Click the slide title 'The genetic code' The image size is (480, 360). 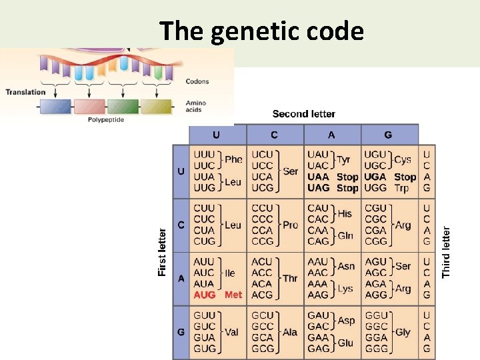pos(261,31)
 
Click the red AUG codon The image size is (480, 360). pos(205,295)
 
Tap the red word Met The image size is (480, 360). pos(233,295)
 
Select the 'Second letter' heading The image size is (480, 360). pos(303,114)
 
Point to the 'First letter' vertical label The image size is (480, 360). pos(162,252)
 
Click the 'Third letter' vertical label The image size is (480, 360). pos(447,252)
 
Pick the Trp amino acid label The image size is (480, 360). pos(401,188)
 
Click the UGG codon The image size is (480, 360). pos(375,188)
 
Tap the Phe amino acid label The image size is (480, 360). pos(233,160)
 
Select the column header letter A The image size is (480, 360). pos(331,135)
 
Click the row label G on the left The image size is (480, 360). pos(181,331)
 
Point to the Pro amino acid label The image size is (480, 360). pos(290,225)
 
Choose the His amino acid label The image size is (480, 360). pos(345,214)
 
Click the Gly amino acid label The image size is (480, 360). pos(403,332)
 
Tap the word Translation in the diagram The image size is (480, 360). pos(25,92)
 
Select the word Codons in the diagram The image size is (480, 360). pos(197,82)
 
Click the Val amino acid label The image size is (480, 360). pos(231,332)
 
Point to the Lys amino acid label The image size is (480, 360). pos(345,289)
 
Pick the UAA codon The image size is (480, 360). pos(319,177)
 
